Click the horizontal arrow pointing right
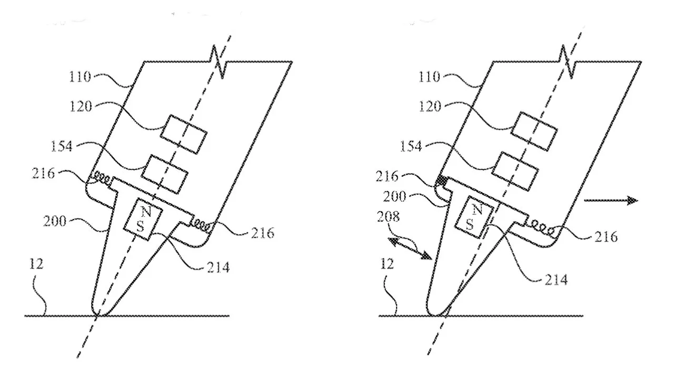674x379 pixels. click(x=611, y=201)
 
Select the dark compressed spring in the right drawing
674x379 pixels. click(x=442, y=181)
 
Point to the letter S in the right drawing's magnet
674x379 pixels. click(x=469, y=224)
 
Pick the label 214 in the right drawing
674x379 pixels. click(x=557, y=280)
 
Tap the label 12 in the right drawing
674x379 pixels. click(x=387, y=264)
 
